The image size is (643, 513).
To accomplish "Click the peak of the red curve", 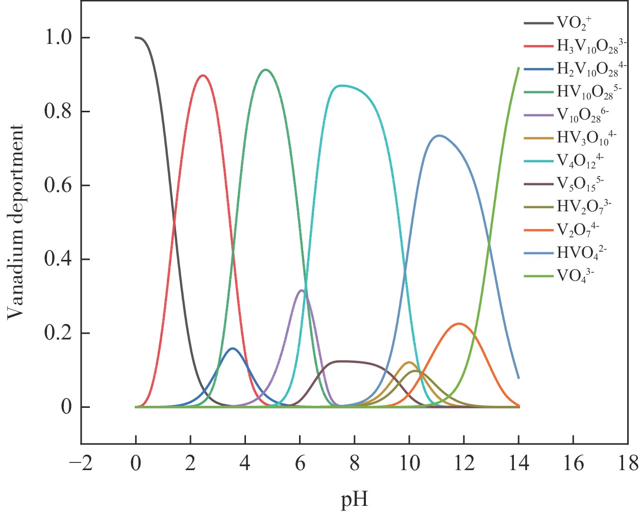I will [203, 76].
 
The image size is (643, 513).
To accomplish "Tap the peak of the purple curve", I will [301, 290].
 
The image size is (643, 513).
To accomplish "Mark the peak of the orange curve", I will [459, 324].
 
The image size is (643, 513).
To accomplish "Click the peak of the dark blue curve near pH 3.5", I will [233, 349].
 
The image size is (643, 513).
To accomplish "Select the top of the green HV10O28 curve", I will [265, 70].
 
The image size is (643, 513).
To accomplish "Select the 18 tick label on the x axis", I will [628, 464].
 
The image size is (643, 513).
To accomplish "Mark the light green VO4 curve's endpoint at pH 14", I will [518, 67].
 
